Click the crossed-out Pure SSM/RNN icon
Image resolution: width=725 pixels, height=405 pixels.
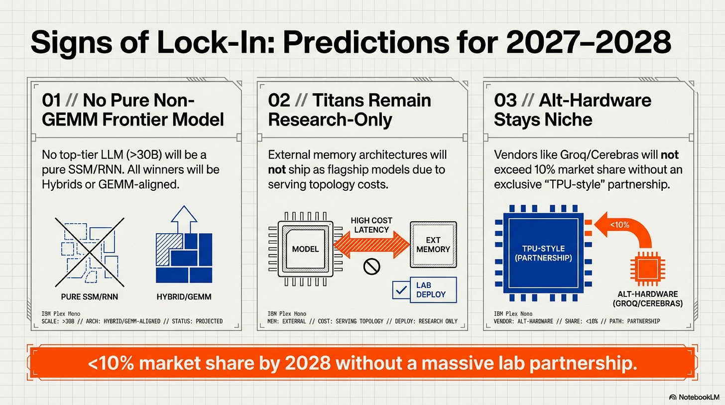(x=89, y=247)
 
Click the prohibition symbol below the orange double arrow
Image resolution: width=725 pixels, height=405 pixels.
(x=371, y=268)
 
